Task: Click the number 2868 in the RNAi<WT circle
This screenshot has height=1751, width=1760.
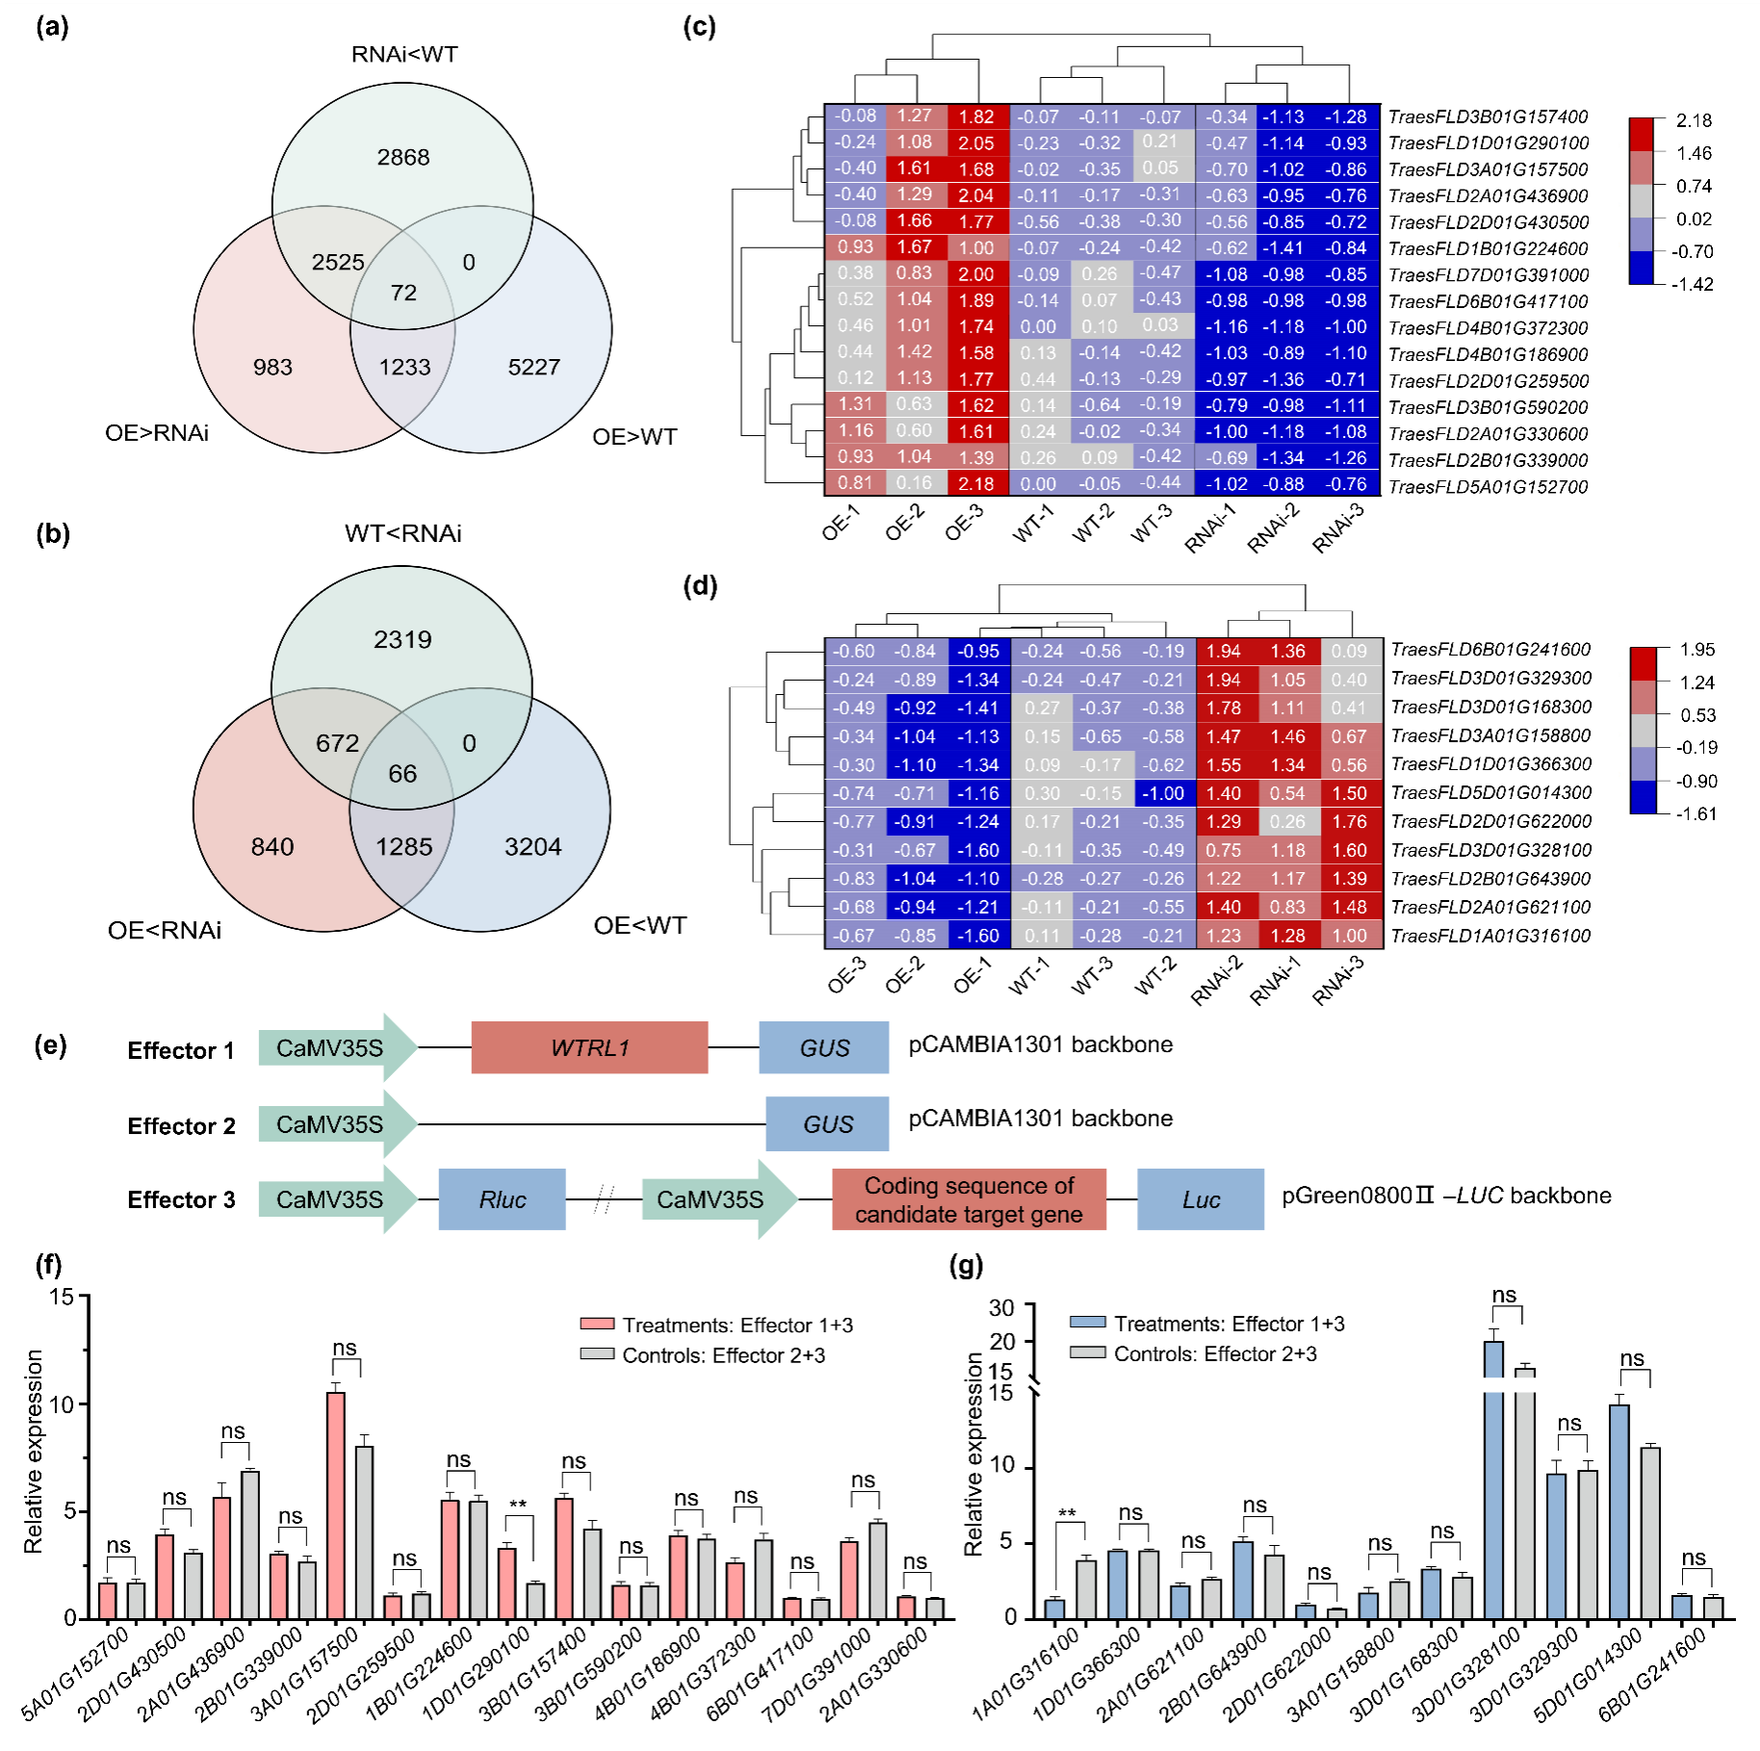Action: (402, 157)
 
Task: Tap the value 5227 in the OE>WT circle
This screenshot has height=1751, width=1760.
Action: (533, 367)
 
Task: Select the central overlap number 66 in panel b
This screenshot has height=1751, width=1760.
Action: (402, 774)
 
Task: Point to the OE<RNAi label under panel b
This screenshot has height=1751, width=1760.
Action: (165, 931)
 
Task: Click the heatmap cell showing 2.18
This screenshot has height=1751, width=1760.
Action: (976, 483)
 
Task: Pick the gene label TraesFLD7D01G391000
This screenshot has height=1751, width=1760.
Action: (1488, 275)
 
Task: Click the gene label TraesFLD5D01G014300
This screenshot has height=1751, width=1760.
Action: (1490, 793)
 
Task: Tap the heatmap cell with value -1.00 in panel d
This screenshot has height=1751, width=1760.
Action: (1162, 793)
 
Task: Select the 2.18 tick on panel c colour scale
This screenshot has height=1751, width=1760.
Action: (1694, 120)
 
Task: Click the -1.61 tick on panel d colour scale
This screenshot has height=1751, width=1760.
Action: (1696, 813)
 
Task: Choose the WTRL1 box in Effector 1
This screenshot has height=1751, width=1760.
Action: (589, 1047)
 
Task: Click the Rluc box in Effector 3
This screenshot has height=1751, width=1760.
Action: (502, 1199)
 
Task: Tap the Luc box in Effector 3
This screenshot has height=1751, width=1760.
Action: (1201, 1199)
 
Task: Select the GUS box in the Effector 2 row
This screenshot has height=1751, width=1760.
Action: (827, 1124)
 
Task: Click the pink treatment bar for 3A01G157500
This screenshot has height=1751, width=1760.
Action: (335, 1506)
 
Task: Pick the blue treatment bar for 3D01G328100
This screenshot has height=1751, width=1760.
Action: (1493, 1502)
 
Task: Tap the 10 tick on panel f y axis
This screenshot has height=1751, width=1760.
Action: (63, 1404)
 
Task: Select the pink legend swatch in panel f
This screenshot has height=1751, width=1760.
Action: (597, 1325)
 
